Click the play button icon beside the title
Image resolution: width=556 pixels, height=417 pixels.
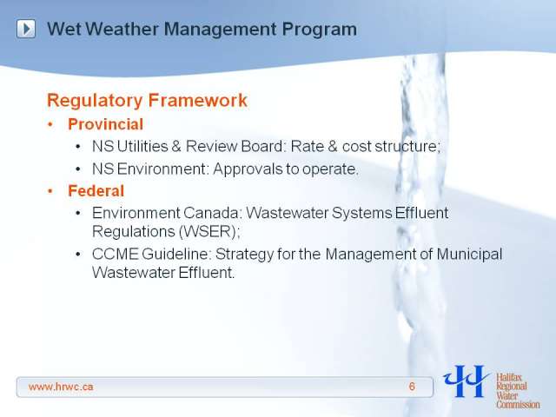coord(26,29)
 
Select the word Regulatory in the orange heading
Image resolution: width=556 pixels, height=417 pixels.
coord(95,101)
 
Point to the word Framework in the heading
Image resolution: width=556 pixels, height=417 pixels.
coord(198,100)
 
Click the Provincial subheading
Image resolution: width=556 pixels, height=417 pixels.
coord(106,124)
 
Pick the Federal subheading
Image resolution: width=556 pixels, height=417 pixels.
coord(96,191)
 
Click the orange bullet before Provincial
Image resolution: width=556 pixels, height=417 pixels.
coord(50,125)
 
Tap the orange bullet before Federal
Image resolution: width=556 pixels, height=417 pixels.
coord(50,191)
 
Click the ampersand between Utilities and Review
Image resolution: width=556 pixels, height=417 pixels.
coord(176,147)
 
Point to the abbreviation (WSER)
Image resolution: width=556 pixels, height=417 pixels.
coord(209,232)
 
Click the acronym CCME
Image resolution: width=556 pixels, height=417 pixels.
coord(116,254)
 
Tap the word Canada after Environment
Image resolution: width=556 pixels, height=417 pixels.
coord(212,213)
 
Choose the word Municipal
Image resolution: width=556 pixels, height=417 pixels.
coord(469,255)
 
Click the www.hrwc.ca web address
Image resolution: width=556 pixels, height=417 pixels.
coord(61,387)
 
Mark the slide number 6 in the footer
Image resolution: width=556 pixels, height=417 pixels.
coord(412,387)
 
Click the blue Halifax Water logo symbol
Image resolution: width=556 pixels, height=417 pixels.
coord(466,381)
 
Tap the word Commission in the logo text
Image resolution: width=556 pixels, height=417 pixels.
coord(518,404)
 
